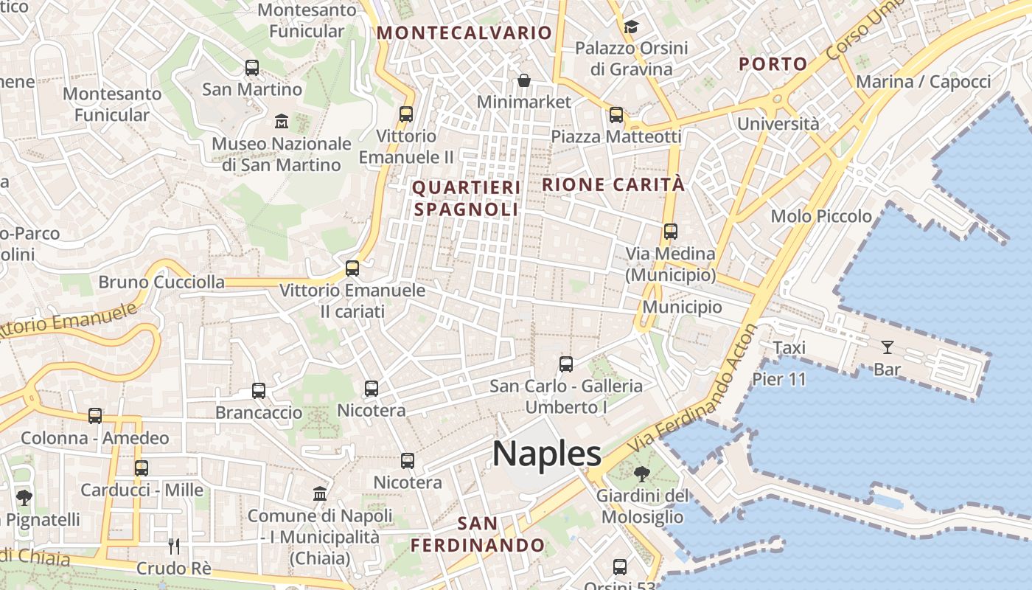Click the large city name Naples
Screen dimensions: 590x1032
tap(546, 454)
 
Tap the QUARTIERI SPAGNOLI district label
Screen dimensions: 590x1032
tap(466, 198)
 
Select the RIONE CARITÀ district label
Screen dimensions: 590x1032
tap(613, 184)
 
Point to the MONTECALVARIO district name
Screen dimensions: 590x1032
tap(464, 32)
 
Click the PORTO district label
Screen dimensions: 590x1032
tap(773, 64)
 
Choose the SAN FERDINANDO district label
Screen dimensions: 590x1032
tap(478, 535)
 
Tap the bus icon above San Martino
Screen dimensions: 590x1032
tap(252, 68)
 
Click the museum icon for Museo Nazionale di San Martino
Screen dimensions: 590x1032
tap(282, 121)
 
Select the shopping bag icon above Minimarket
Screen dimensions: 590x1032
tap(523, 80)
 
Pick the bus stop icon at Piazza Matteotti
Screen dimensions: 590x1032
tap(616, 115)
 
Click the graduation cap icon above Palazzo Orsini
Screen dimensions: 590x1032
tap(631, 27)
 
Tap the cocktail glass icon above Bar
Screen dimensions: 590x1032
tap(887, 347)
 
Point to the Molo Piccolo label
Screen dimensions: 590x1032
tap(821, 216)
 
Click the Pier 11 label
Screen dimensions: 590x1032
tap(779, 379)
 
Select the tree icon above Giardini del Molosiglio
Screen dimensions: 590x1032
tap(641, 473)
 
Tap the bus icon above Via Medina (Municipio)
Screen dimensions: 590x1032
tap(670, 232)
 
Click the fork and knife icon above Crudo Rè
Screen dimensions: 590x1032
tap(174, 546)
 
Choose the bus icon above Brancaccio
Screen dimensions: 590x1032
tap(259, 391)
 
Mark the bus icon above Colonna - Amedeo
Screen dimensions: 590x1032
tap(95, 416)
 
